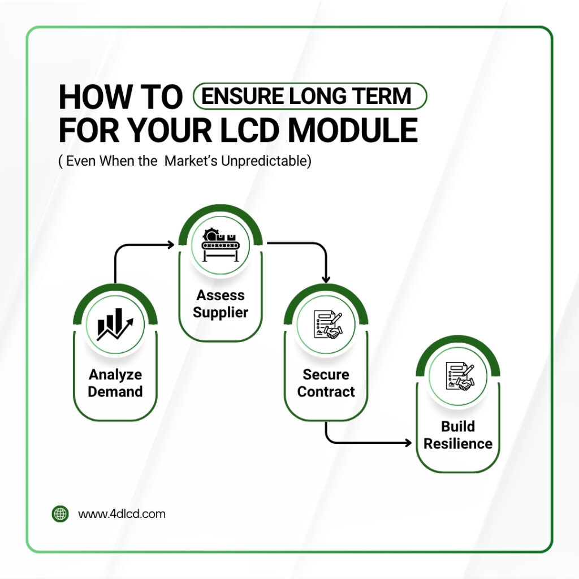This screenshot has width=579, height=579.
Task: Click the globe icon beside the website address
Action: point(60,514)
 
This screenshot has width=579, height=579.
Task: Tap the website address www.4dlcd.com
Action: point(122,514)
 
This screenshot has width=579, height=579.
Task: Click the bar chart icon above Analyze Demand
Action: point(115,325)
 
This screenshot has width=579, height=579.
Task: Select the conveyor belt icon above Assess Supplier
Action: point(220,246)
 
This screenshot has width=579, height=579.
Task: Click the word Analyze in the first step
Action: point(115,374)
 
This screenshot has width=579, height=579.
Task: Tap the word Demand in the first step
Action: point(115,392)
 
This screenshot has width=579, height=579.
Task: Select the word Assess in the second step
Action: point(221,295)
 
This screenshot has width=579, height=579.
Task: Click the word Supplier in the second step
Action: point(221,312)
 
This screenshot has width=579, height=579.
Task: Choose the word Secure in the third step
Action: point(326,374)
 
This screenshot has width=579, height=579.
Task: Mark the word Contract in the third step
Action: point(326,392)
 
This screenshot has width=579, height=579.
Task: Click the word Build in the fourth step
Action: point(458,426)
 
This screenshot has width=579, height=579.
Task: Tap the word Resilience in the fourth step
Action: point(458,444)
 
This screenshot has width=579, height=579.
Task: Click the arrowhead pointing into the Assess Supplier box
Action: point(171,244)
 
